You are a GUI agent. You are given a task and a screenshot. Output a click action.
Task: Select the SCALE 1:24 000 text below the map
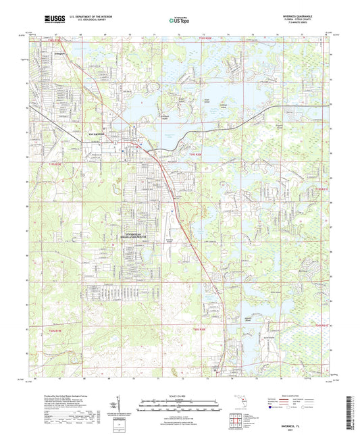(180, 395)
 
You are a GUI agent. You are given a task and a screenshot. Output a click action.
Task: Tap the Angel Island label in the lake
(207, 100)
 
